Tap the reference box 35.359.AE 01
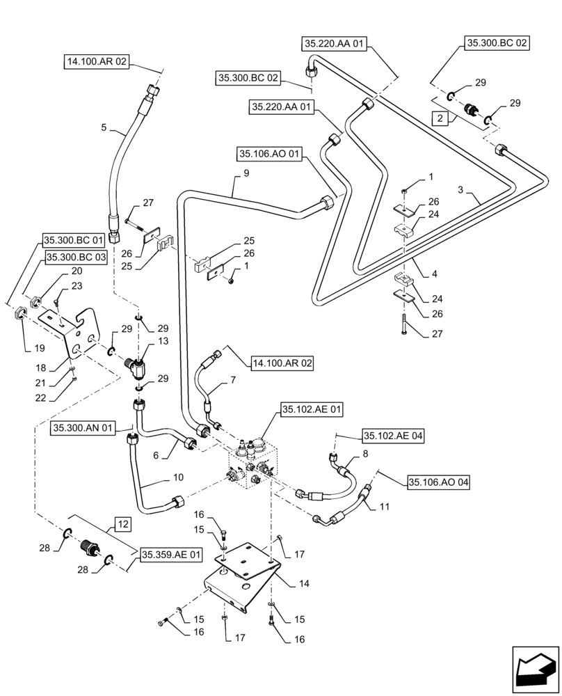171,555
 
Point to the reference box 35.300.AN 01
81,429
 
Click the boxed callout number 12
122,523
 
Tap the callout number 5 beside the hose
104,127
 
